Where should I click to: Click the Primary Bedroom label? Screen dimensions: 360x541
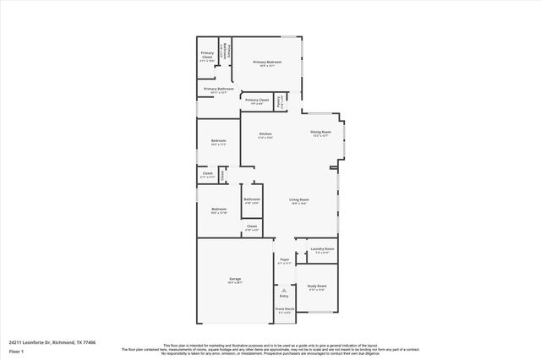[267, 62]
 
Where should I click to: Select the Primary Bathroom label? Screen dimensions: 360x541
[218, 89]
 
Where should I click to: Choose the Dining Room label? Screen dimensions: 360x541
[320, 132]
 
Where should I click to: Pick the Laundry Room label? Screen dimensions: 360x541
[322, 248]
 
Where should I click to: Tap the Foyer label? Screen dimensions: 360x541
[284, 260]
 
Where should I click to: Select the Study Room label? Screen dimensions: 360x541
[317, 286]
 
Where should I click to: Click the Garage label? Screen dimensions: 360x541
[234, 280]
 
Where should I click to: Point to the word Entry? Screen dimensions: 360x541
[284, 295]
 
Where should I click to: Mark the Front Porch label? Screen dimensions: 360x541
[284, 310]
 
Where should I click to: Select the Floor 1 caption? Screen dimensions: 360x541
[16, 352]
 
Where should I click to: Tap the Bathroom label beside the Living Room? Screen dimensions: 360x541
[252, 199]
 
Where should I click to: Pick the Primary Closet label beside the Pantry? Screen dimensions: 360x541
[257, 100]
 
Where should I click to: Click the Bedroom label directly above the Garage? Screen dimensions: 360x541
[218, 209]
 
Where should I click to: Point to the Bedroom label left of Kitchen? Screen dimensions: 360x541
[218, 140]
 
